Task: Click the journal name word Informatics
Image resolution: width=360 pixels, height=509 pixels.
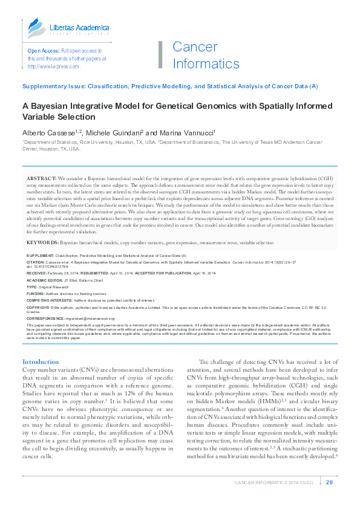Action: point(206,63)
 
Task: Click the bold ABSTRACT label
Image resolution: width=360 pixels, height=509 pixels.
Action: point(41,179)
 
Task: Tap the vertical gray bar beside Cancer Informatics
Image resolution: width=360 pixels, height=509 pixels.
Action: point(160,55)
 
